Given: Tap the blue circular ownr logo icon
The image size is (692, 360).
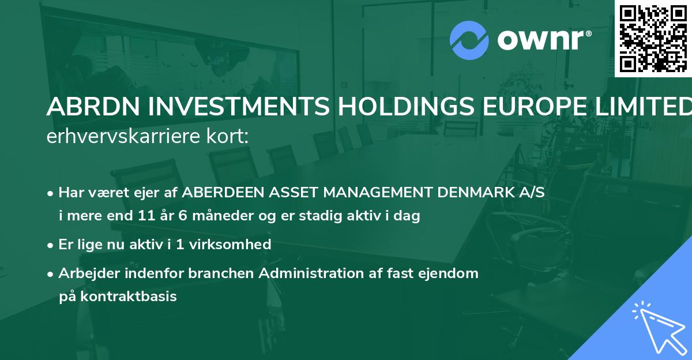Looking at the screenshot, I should (x=469, y=40).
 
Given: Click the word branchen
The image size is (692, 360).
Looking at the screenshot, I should (x=221, y=273).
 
